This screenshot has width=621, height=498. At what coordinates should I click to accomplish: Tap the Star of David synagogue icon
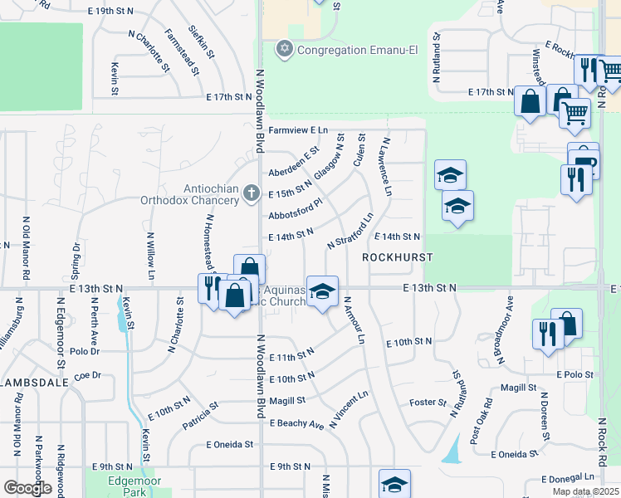286,50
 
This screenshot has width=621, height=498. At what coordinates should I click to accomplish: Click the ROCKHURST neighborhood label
397,258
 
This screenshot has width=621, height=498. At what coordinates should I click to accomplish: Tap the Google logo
27,489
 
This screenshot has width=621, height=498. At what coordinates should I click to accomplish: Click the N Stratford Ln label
350,232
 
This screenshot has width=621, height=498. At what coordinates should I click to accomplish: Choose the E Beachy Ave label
296,423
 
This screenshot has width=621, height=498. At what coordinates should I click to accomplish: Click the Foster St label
428,403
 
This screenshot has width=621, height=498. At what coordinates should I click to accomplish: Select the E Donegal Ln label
569,478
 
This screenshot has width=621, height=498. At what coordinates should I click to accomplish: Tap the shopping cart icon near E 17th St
575,113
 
